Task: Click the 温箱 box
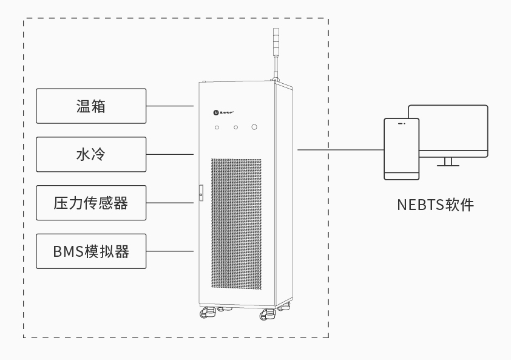[91, 106]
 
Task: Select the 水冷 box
[91, 154]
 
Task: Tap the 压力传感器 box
[91, 203]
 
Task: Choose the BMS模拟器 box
[91, 251]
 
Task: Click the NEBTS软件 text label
[435, 205]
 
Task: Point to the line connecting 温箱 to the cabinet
[170, 106]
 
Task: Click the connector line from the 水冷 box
[170, 154]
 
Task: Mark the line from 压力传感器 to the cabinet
[170, 203]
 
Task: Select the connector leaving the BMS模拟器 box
[170, 251]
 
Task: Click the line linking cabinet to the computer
[340, 149]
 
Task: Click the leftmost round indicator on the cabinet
[217, 127]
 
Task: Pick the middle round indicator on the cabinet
[236, 127]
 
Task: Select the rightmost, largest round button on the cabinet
[255, 127]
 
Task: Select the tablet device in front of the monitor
[401, 149]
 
